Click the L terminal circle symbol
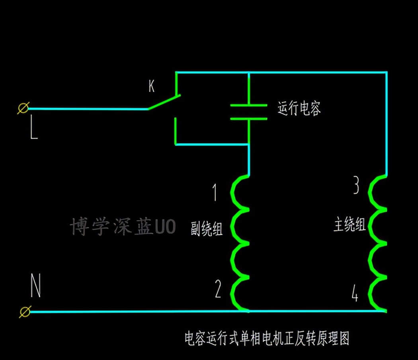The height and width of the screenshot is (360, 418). click(23, 108)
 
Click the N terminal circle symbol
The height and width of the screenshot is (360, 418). click(25, 311)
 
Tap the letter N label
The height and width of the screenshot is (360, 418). click(35, 287)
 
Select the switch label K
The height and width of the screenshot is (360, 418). click(151, 86)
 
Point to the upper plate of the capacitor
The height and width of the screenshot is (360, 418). click(249, 105)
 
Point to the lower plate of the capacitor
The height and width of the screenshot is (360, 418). click(249, 118)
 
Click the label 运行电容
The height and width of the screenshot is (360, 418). click(299, 108)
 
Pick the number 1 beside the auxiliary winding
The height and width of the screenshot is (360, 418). click(215, 192)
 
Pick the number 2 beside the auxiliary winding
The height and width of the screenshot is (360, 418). click(218, 290)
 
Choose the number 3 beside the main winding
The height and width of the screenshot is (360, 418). click(357, 186)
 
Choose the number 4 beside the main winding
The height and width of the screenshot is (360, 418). click(355, 294)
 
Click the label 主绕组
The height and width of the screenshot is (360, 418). click(349, 225)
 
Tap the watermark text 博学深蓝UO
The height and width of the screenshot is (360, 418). click(123, 227)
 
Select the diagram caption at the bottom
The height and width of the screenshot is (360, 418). click(267, 338)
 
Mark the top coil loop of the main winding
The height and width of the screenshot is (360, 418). click(377, 192)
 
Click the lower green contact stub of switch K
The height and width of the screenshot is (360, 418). click(176, 131)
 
